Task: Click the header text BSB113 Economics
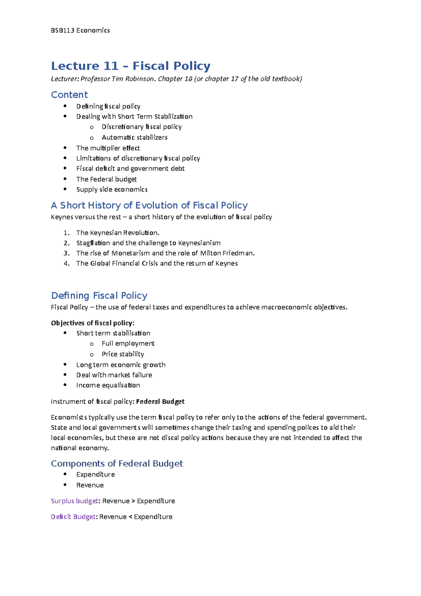pos(80,31)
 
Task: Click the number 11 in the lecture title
pos(111,66)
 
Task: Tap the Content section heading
pos(69,95)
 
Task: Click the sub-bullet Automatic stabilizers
pos(134,138)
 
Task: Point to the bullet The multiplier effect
pos(108,148)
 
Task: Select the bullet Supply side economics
pos(112,190)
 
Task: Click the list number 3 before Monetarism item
pos(66,253)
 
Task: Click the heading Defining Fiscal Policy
pos(99,296)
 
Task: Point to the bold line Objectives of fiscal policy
pos(93,323)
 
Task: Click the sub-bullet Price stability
pos(123,354)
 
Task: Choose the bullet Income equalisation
pos(108,385)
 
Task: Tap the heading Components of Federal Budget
pos(117,464)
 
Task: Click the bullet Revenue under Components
pos(90,485)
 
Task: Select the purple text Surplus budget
pos(74,501)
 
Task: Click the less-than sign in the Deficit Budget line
pos(130,517)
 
